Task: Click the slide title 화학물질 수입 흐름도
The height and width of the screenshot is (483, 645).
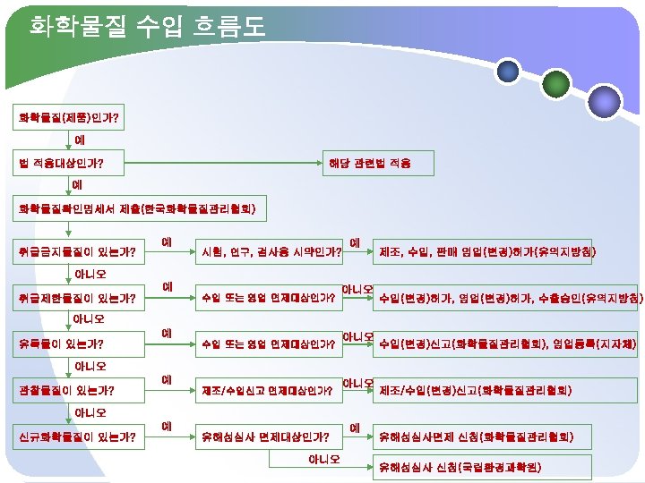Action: (148, 26)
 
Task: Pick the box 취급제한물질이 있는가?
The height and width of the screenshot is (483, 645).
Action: (77, 297)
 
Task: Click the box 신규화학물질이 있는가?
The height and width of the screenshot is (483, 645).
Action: (77, 436)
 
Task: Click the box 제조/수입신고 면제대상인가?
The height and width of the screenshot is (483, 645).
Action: (269, 390)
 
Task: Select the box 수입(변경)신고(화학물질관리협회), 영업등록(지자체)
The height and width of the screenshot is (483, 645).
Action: (507, 343)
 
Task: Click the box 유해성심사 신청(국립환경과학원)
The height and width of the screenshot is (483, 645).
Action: (460, 467)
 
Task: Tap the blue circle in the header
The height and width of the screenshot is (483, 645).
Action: (509, 71)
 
